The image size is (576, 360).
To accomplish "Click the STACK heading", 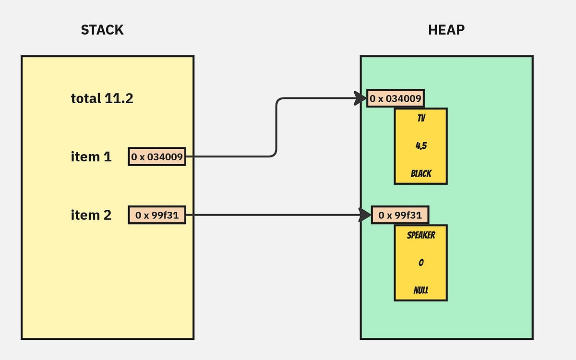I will tap(102, 30).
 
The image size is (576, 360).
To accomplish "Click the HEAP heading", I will tap(446, 30).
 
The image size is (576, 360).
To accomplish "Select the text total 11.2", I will tap(102, 98).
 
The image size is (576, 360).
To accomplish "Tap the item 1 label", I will tap(91, 157).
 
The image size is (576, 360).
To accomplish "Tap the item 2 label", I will tap(91, 215).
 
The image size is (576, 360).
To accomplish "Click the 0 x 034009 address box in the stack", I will tap(157, 157).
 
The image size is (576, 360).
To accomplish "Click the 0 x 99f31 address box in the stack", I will tap(157, 215).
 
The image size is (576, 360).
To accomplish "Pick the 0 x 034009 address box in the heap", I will tap(396, 99).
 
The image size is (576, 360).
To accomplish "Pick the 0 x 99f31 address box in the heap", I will tap(400, 215).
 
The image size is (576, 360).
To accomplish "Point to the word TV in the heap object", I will tap(421, 119).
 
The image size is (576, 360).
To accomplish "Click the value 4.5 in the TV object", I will tap(421, 146).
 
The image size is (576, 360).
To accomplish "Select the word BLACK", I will tap(421, 174).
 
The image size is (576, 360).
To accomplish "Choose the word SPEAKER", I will tap(421, 235).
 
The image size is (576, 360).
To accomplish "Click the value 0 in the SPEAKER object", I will tap(421, 263).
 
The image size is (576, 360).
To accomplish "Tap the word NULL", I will tap(421, 290).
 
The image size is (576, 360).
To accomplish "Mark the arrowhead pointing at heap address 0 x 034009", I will tap(360, 98).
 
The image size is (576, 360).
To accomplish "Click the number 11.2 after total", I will tap(119, 98).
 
